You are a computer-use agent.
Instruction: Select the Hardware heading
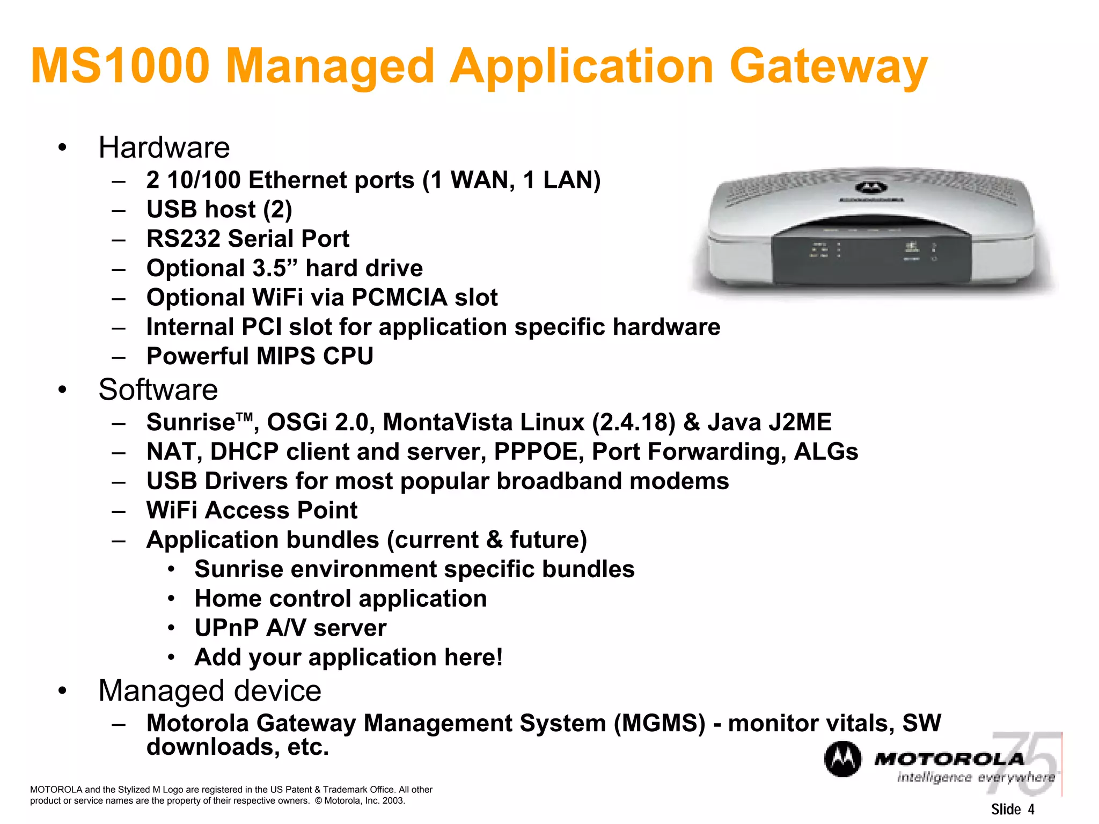pyautogui.click(x=164, y=148)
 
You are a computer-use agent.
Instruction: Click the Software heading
pyautogui.click(x=158, y=389)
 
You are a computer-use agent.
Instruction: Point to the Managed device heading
pyautogui.click(x=210, y=690)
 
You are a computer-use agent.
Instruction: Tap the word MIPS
pyautogui.click(x=285, y=357)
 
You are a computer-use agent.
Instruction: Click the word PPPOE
pyautogui.click(x=538, y=452)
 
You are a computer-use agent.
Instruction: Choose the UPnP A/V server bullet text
pyautogui.click(x=290, y=628)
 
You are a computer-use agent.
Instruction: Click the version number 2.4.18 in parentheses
pyautogui.click(x=634, y=422)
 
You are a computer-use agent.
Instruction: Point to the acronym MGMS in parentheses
pyautogui.click(x=660, y=723)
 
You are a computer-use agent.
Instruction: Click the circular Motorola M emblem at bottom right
pyautogui.click(x=842, y=759)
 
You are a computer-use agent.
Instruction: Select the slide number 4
pyautogui.click(x=1031, y=810)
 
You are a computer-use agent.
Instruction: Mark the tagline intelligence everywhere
pyautogui.click(x=976, y=777)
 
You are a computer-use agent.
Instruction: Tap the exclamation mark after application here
pyautogui.click(x=499, y=657)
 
